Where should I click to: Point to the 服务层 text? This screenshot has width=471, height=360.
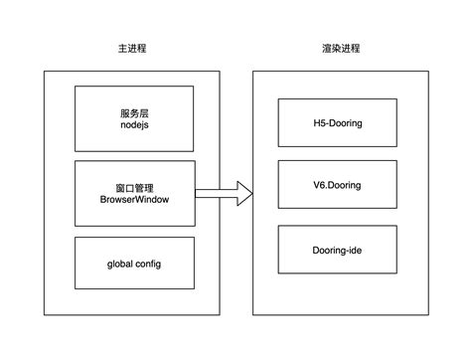coord(134,113)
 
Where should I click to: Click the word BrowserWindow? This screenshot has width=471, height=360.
coord(134,200)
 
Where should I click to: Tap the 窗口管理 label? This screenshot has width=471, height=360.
coord(134,185)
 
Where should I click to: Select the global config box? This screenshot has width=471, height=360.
coord(134,264)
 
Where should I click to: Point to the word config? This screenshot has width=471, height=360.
coord(147,264)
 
